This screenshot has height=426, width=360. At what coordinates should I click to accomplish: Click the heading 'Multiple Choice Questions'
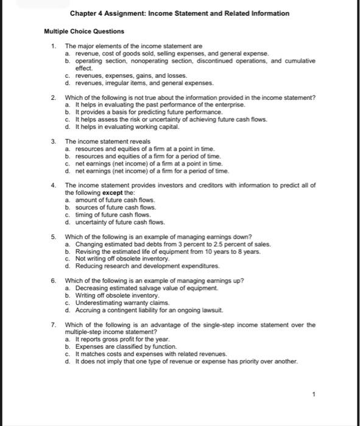[84, 31]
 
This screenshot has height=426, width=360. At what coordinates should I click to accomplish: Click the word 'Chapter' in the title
[82, 13]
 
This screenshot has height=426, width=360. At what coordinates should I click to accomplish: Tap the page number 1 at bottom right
[313, 394]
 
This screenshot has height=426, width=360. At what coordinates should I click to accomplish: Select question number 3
[53, 141]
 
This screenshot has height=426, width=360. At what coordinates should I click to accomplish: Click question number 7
[53, 324]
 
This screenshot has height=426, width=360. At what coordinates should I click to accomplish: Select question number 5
[53, 236]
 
